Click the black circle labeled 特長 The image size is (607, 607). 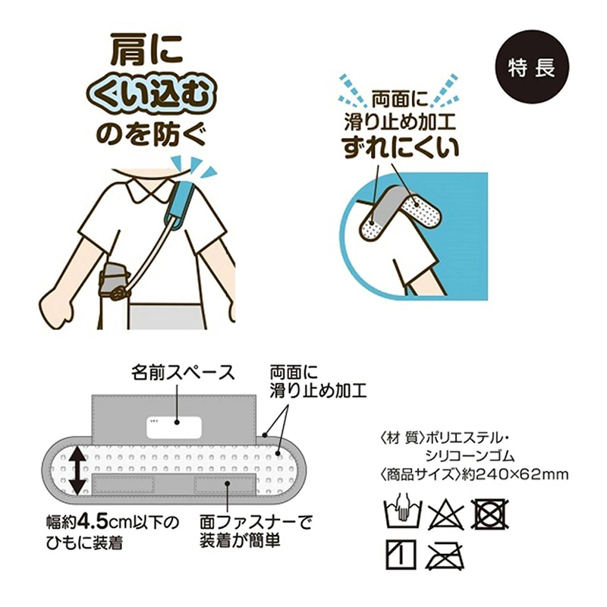pos(533,67)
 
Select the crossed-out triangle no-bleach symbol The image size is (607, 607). pos(445,515)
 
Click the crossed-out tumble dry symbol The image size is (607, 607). pos(490,514)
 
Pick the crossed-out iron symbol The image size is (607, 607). pos(445,555)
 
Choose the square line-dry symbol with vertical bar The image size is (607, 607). pos(401,555)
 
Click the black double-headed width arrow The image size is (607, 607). pos(78,470)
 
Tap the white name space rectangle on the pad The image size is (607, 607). pos(175,427)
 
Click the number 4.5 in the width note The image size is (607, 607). pos(93,522)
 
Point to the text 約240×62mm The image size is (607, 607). pos(515,473)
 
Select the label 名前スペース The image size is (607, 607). pos(183,373)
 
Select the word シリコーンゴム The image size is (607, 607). pos(470,456)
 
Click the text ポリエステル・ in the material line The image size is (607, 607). pos(467,438)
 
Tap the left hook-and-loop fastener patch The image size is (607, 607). pos(124,485)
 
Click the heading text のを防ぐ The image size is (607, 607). pos(150,135)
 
